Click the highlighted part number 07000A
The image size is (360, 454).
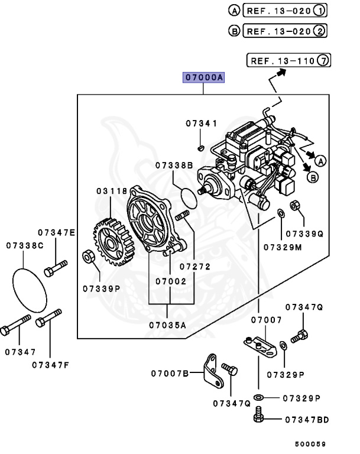[203, 78]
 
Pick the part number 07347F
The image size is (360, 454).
[50, 364]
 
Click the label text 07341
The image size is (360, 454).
[202, 124]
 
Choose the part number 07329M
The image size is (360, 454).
[283, 247]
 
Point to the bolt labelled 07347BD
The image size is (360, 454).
[258, 419]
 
